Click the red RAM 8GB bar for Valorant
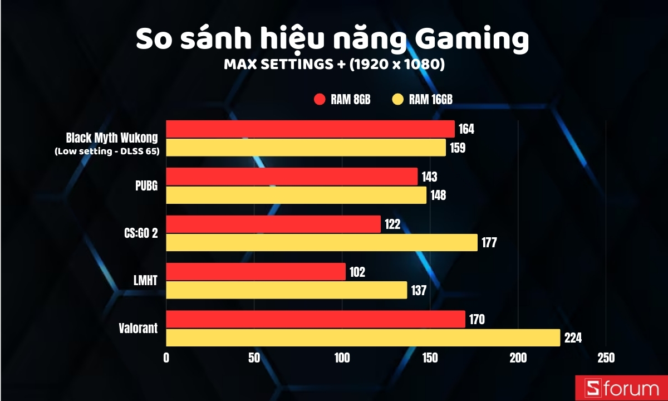pyautogui.click(x=316, y=320)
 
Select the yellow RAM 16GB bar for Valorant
pyautogui.click(x=363, y=338)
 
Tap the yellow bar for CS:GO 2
pyautogui.click(x=322, y=242)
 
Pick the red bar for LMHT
pyautogui.click(x=256, y=272)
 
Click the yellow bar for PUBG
pyautogui.click(x=296, y=195)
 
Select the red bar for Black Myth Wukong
pyautogui.click(x=310, y=129)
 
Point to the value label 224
pyautogui.click(x=573, y=338)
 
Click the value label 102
pyautogui.click(x=357, y=272)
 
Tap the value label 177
pyautogui.click(x=489, y=243)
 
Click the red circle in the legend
pyautogui.click(x=320, y=100)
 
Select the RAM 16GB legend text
pyautogui.click(x=431, y=100)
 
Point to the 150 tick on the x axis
pyautogui.click(x=430, y=358)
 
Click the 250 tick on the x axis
pyautogui.click(x=606, y=358)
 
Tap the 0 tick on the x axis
pyautogui.click(x=166, y=358)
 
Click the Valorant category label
pyautogui.click(x=138, y=329)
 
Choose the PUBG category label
pyautogui.click(x=146, y=186)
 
